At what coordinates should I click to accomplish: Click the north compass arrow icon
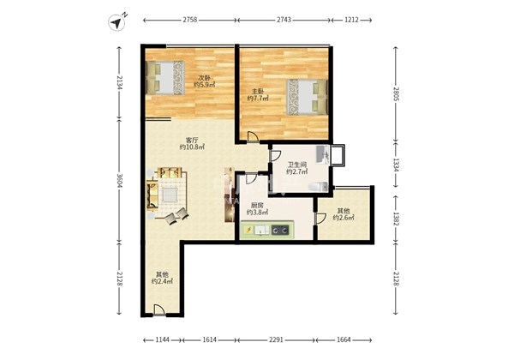tap(117, 22)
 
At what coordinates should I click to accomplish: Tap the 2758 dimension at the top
tap(190, 20)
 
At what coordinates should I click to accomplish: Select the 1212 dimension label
tap(351, 20)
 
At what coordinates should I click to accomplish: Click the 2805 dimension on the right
tap(396, 94)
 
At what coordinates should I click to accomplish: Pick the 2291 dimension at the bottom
tap(276, 339)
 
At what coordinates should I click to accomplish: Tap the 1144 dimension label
tap(162, 339)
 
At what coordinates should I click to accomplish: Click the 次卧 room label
tap(204, 78)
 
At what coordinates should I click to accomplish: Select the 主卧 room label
tap(258, 92)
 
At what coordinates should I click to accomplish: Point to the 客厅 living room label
tap(192, 141)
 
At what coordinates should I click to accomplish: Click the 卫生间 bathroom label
tap(297, 165)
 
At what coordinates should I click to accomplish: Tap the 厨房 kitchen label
tap(257, 205)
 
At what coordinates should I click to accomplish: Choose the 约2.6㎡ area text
tap(344, 218)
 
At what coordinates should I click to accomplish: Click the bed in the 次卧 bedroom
tap(165, 77)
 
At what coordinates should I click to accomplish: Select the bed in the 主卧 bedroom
tap(308, 97)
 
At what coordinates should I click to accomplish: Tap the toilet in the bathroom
tap(318, 187)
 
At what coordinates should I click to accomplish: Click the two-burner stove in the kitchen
tap(281, 231)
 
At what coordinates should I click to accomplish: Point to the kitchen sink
tap(262, 231)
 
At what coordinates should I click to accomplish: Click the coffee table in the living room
tap(170, 195)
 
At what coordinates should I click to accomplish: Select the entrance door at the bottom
tap(159, 310)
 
